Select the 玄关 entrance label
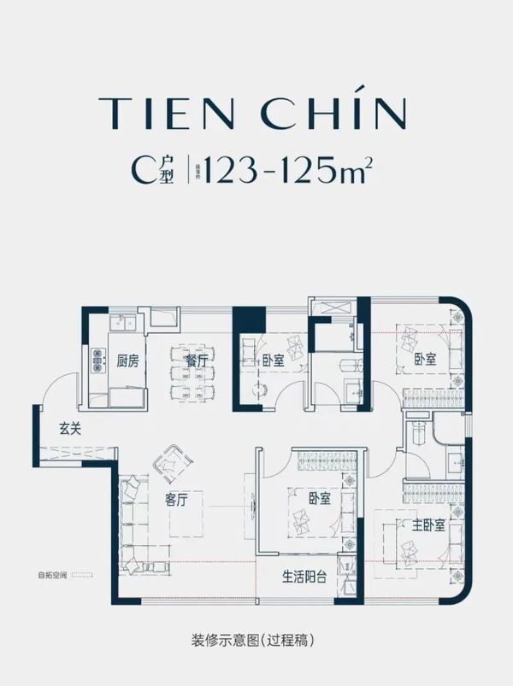(71, 429)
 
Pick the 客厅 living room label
(176, 501)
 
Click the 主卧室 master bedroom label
(428, 525)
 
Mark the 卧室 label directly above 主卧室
(425, 361)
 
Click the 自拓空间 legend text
(50, 574)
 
